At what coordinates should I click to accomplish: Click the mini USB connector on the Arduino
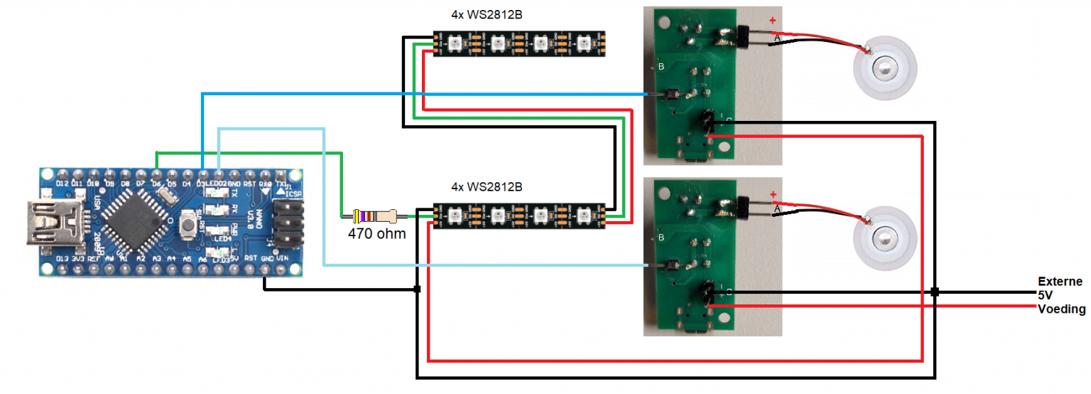50,223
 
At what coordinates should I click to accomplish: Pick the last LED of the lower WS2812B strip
586,214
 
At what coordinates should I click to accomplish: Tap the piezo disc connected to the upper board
882,70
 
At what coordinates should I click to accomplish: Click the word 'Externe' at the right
1060,282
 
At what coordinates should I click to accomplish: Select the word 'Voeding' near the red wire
1061,309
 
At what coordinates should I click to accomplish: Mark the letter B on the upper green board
661,66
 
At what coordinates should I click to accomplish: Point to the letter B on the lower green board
661,237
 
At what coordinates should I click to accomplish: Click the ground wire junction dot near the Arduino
417,289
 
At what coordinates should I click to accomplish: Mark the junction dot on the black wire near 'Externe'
935,292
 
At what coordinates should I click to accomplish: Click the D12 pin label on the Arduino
62,183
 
